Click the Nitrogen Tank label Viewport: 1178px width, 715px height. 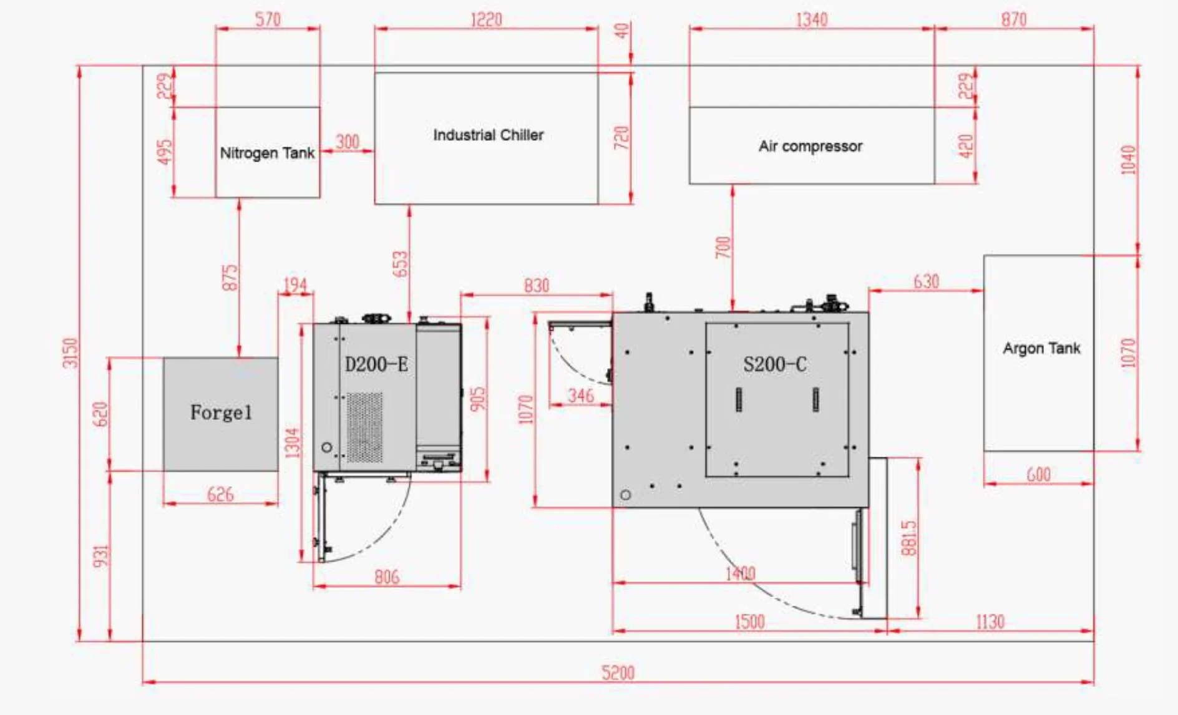click(x=267, y=153)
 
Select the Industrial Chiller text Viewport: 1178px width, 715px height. click(x=488, y=135)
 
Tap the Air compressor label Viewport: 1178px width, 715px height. click(x=810, y=146)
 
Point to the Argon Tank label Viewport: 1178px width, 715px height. click(x=1041, y=348)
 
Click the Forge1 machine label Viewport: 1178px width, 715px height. click(x=221, y=412)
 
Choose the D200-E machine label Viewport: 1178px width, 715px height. click(x=376, y=364)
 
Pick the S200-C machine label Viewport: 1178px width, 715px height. click(x=774, y=364)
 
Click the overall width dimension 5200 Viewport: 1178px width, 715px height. click(x=617, y=673)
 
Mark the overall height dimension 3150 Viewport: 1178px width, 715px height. click(x=71, y=353)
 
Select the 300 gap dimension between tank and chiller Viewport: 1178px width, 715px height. click(x=347, y=142)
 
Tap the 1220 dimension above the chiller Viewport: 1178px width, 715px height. click(x=485, y=19)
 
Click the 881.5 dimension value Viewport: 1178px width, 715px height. click(x=908, y=538)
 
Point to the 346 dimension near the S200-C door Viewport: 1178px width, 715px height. click(x=580, y=396)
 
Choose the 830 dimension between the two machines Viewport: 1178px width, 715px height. click(x=536, y=286)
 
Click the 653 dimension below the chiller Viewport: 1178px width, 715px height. click(x=400, y=264)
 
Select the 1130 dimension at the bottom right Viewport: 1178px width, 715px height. click(x=989, y=622)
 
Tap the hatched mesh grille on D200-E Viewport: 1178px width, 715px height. click(x=364, y=427)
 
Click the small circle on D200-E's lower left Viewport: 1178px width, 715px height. click(x=326, y=447)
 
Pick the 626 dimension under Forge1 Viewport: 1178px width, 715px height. click(x=220, y=495)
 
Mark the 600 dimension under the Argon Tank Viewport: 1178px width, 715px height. click(x=1038, y=475)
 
